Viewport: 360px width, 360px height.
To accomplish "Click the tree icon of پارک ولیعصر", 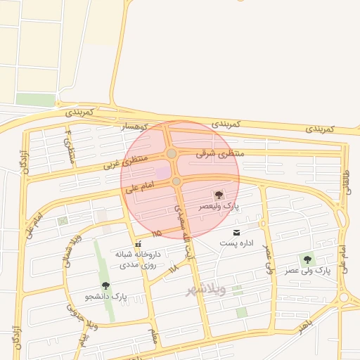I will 218,194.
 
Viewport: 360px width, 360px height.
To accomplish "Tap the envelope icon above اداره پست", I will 236,232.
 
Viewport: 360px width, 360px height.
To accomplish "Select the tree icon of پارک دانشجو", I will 105,285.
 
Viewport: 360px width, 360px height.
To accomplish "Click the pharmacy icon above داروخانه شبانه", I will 138,244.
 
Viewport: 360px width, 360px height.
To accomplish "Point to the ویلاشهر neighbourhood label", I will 205,290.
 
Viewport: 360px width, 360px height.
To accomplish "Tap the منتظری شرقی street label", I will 219,153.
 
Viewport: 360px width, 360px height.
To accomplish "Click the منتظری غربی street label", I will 126,163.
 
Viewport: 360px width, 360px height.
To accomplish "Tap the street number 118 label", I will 173,268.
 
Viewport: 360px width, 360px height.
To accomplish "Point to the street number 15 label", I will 155,232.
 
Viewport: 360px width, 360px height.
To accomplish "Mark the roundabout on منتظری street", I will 172,153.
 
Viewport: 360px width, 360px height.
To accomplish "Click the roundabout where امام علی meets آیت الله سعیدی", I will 176,181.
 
